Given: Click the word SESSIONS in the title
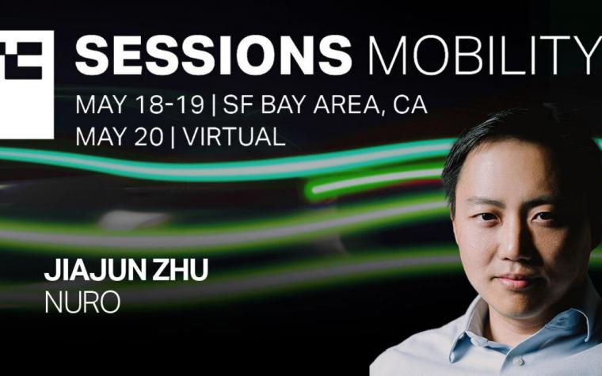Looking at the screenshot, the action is point(213,55).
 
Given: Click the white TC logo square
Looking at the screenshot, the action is point(26,85).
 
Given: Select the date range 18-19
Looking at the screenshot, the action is point(170,104).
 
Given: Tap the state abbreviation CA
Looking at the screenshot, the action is point(410,104).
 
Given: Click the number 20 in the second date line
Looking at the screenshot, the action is point(149,137).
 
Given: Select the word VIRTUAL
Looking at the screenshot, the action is point(234,137).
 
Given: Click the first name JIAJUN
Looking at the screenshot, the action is point(95,270).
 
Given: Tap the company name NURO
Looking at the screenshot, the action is point(82,302).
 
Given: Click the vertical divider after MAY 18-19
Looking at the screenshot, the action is point(213,105).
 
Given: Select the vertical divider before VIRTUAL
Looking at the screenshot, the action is point(173,138).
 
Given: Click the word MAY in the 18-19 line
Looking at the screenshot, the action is point(101,104).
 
